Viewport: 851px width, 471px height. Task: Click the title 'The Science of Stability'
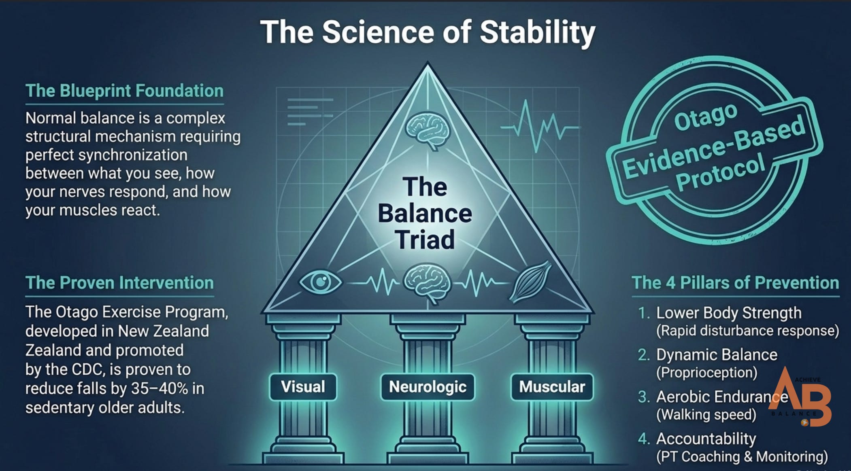[x=428, y=32]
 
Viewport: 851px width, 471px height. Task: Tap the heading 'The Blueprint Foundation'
[x=124, y=91]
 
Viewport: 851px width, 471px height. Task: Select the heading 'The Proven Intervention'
[x=119, y=282]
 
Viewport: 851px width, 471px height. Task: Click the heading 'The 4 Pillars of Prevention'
[x=735, y=282]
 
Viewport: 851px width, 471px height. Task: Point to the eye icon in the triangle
[x=320, y=282]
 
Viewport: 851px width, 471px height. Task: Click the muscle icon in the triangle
[x=530, y=282]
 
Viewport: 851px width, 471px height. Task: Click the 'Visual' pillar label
[x=303, y=387]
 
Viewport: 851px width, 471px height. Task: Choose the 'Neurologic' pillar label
[x=428, y=387]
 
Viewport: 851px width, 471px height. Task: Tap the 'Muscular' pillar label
[x=552, y=387]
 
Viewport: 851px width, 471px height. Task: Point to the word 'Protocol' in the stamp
[x=721, y=172]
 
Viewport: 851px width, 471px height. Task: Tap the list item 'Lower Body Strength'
[x=729, y=313]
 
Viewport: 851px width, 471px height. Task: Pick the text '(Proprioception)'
[x=706, y=372]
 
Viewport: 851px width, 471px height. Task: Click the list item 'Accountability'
[x=706, y=439]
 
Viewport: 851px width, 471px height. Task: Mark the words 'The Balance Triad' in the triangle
[x=425, y=213]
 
